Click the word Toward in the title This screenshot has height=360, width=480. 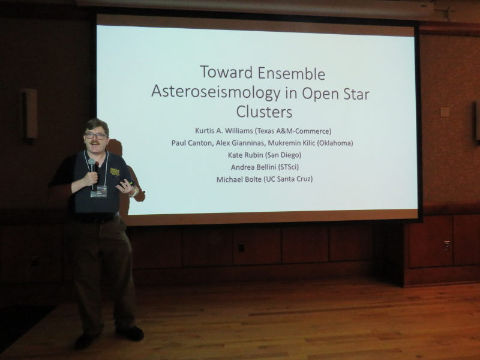(x=226, y=73)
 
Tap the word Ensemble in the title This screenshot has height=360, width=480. (x=291, y=73)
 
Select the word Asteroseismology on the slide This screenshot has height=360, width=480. (x=215, y=92)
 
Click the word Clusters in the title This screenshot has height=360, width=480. (x=264, y=112)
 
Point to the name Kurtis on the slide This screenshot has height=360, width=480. (x=205, y=131)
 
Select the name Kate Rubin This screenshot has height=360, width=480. (x=245, y=155)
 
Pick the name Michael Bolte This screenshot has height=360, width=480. (x=239, y=179)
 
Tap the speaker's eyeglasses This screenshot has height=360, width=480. (x=95, y=135)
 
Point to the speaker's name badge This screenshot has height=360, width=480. (x=98, y=191)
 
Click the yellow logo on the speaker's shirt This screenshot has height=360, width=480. (x=115, y=172)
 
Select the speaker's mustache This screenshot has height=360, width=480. (x=95, y=143)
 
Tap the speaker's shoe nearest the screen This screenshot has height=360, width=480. (x=131, y=333)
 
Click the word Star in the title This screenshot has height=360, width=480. (x=354, y=94)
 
